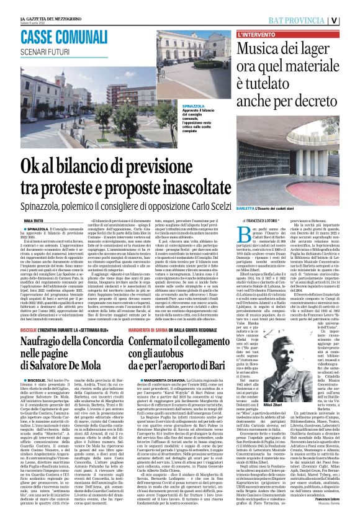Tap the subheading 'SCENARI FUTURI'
pyautogui.click(x=45, y=50)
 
